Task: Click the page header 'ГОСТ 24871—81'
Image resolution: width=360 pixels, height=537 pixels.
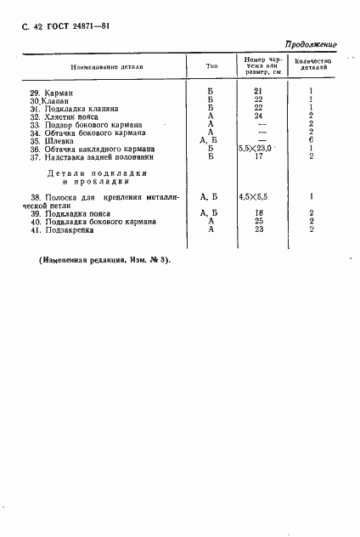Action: coord(70,26)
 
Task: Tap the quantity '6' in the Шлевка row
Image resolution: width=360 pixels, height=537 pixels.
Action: coord(312,141)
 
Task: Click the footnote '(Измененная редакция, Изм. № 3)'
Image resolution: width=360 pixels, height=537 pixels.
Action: coord(104,259)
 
